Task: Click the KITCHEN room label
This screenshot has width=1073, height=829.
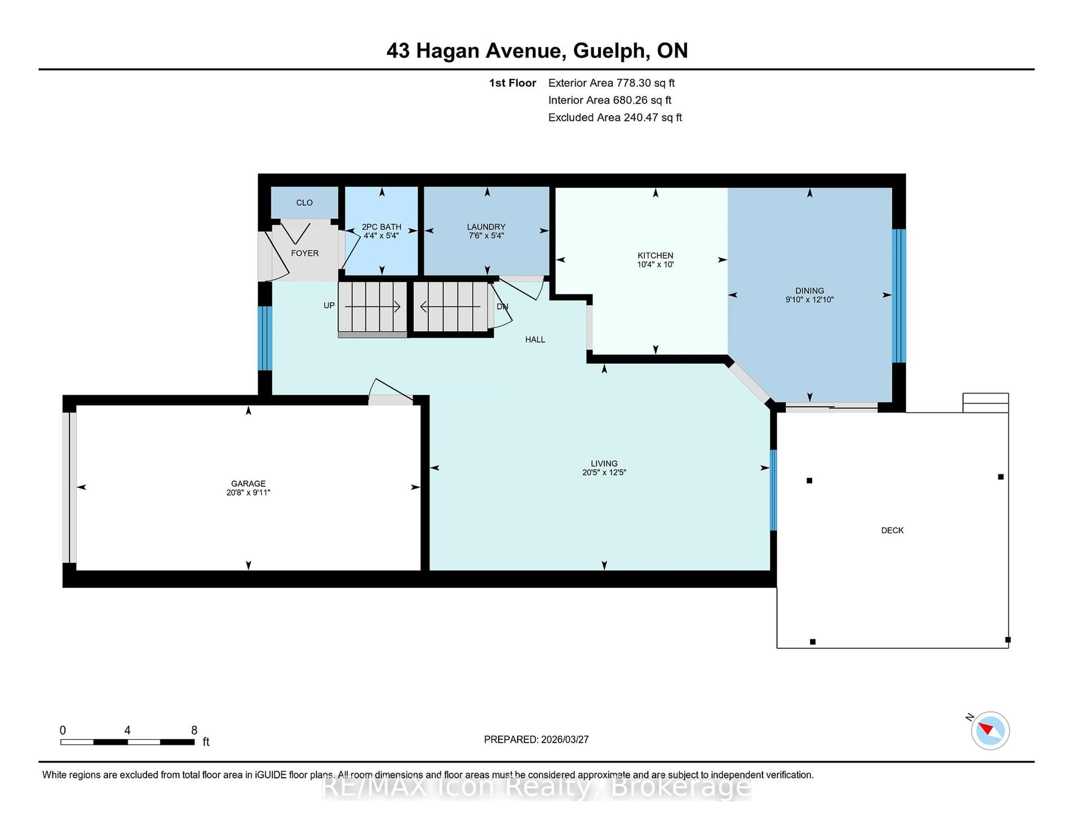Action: (655, 255)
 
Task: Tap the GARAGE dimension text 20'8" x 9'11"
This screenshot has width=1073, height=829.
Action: (248, 493)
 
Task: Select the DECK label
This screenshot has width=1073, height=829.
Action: (892, 530)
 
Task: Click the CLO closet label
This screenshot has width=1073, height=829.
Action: (304, 203)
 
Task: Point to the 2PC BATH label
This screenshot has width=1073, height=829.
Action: (381, 227)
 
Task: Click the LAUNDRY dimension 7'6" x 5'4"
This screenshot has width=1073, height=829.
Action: (486, 236)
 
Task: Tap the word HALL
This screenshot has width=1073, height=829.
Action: (535, 339)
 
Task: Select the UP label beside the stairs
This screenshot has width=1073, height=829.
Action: (329, 306)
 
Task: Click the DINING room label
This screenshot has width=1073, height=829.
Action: (809, 291)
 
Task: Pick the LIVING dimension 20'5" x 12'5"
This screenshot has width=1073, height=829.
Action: (604, 472)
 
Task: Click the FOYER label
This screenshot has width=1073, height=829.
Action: (305, 253)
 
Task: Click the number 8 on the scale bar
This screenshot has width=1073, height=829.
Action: (194, 730)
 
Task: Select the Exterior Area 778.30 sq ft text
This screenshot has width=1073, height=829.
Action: (611, 83)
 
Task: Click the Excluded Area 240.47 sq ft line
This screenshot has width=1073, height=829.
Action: (615, 117)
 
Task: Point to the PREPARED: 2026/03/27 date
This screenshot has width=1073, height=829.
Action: (536, 740)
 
